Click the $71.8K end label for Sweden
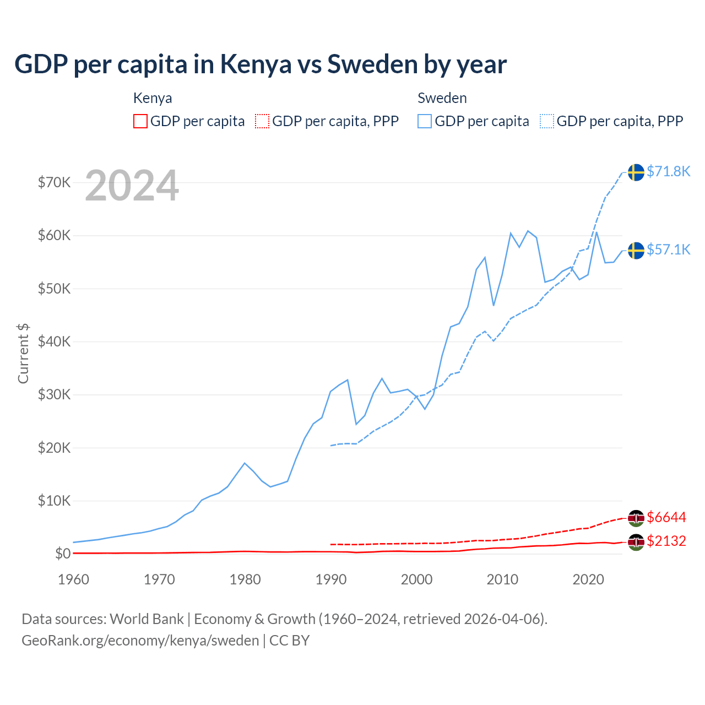click(668, 171)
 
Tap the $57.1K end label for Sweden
click(668, 250)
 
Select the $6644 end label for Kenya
click(666, 517)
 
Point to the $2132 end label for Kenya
click(666, 541)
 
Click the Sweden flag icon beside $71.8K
click(636, 172)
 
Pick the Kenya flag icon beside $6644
click(636, 518)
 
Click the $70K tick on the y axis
click(54, 182)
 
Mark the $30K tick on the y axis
click(54, 394)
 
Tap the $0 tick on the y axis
click(63, 554)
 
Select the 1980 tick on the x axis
click(245, 579)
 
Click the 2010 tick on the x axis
click(502, 579)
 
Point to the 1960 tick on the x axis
click(74, 579)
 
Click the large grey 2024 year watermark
click(132, 186)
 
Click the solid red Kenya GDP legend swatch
click(140, 121)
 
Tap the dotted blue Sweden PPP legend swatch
click(547, 121)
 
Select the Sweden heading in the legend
click(442, 98)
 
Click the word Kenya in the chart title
click(256, 64)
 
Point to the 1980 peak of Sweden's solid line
click(245, 463)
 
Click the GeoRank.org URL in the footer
click(140, 641)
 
